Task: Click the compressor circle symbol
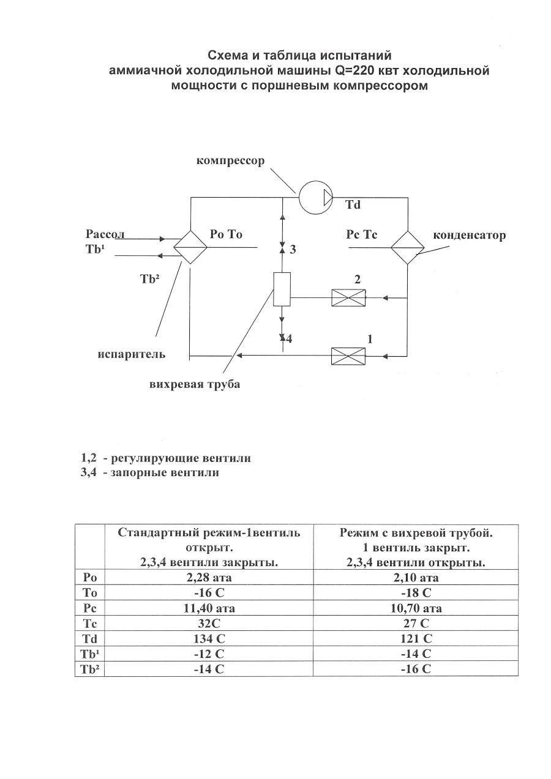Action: tap(315, 198)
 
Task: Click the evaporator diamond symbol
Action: tap(190, 247)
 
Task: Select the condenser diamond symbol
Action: tap(408, 247)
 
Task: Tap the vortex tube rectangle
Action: tap(282, 289)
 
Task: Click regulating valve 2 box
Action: tap(348, 297)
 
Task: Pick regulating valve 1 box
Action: tap(348, 356)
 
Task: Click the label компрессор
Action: tap(230, 161)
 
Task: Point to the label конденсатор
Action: tap(469, 236)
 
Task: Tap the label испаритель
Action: tap(132, 354)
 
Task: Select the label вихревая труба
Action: tap(195, 384)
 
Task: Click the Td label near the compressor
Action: tap(353, 205)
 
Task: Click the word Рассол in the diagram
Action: tap(105, 234)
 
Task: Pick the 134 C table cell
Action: tap(209, 639)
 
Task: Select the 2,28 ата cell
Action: tap(209, 578)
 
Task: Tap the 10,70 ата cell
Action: tap(416, 608)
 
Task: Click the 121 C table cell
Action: tap(416, 639)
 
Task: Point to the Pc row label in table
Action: tap(90, 608)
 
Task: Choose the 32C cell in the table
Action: tap(209, 624)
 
